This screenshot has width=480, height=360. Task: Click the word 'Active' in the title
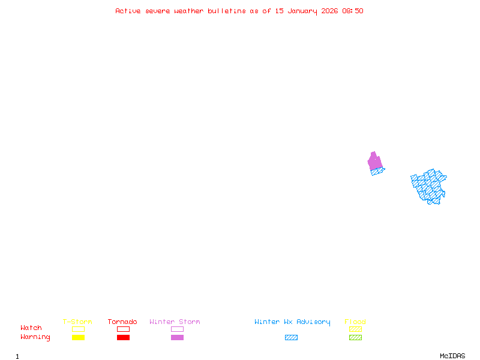[128, 11]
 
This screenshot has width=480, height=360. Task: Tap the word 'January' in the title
[300, 11]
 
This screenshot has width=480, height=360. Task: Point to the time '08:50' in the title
[353, 11]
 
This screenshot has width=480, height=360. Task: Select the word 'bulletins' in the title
[227, 11]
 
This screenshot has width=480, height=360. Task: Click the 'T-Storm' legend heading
[77, 322]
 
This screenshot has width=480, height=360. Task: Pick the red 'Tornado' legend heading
[122, 322]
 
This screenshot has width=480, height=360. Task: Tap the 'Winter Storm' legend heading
[175, 322]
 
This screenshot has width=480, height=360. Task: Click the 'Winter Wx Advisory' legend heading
[292, 322]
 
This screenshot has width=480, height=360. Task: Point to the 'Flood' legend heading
[355, 322]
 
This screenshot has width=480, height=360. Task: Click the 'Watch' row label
[31, 328]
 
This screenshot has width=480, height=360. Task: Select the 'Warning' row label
[35, 337]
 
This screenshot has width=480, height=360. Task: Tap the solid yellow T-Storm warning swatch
[78, 338]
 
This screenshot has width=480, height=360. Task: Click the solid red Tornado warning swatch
[123, 338]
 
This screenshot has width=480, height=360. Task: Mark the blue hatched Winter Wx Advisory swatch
[291, 338]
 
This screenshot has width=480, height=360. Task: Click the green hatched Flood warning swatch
[355, 338]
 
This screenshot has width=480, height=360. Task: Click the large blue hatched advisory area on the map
[430, 186]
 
